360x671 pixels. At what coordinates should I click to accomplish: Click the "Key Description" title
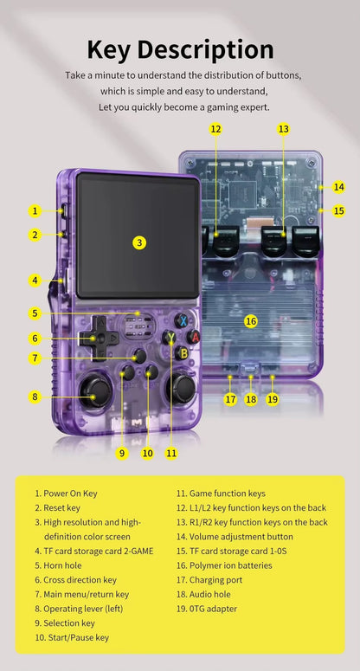180,48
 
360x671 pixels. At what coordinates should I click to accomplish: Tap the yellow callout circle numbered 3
139,242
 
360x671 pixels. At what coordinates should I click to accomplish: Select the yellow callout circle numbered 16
251,321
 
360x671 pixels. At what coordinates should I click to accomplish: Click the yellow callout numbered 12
215,129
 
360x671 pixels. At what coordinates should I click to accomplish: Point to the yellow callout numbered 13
283,129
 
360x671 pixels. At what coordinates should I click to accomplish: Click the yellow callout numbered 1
35,210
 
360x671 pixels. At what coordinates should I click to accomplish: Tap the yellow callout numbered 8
35,397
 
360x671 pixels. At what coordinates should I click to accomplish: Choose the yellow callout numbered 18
251,400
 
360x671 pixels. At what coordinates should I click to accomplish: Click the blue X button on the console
183,320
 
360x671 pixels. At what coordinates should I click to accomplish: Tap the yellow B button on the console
183,352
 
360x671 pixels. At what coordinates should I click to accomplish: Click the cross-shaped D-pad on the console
100,337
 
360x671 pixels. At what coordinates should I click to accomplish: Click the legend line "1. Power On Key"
67,494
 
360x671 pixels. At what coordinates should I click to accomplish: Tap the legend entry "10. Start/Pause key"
72,637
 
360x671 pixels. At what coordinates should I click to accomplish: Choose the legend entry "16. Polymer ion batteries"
224,565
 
